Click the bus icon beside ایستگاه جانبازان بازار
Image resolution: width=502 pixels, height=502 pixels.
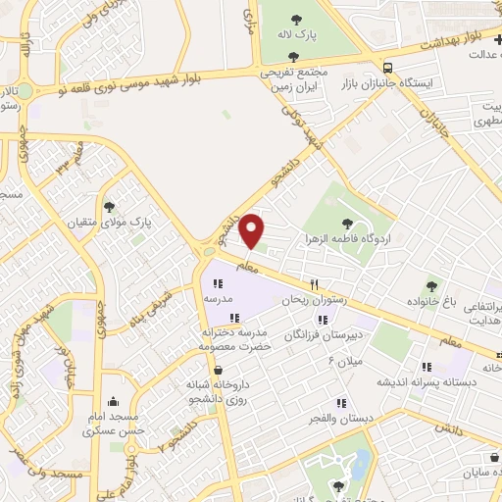pyautogui.click(x=389, y=68)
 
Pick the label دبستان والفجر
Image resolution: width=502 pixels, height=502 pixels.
pyautogui.click(x=341, y=419)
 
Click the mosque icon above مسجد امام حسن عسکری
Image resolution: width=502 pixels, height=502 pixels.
pyautogui.click(x=115, y=401)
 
